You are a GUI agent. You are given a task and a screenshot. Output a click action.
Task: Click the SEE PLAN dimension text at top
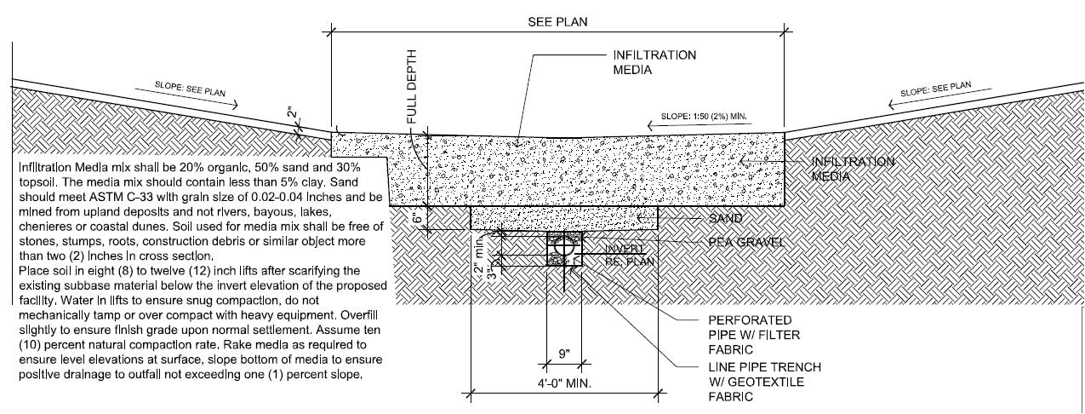[x=557, y=21]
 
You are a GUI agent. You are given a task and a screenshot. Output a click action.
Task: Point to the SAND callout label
[x=726, y=219]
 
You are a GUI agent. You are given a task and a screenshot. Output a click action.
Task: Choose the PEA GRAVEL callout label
[x=746, y=243]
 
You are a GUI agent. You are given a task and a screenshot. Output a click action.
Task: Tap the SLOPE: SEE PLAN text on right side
[x=935, y=89]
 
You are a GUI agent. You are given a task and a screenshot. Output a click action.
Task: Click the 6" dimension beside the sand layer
[x=416, y=218]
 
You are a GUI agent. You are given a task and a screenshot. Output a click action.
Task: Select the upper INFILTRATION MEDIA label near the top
[x=654, y=62]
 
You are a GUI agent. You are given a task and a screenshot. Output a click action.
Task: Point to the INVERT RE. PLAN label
[x=629, y=256]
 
